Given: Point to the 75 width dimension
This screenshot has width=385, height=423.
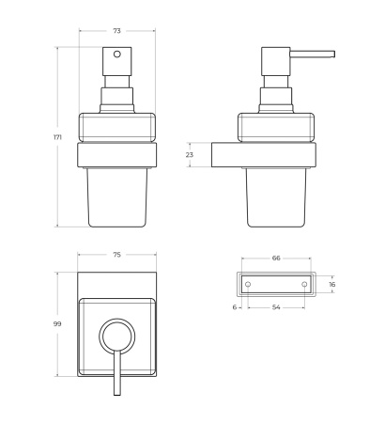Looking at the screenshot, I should pos(115,255).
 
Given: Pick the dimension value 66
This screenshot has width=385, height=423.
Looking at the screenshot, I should pos(276,257).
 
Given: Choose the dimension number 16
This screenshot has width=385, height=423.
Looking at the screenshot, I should pos(331,284).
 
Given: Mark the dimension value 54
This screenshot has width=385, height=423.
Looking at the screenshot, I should pos(276,307).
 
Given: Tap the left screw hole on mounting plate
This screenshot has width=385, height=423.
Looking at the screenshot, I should pos(248,284).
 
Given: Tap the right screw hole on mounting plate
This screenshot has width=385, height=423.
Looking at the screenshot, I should pos(304,284).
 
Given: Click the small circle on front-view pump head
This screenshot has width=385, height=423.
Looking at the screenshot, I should pos(116,55).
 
